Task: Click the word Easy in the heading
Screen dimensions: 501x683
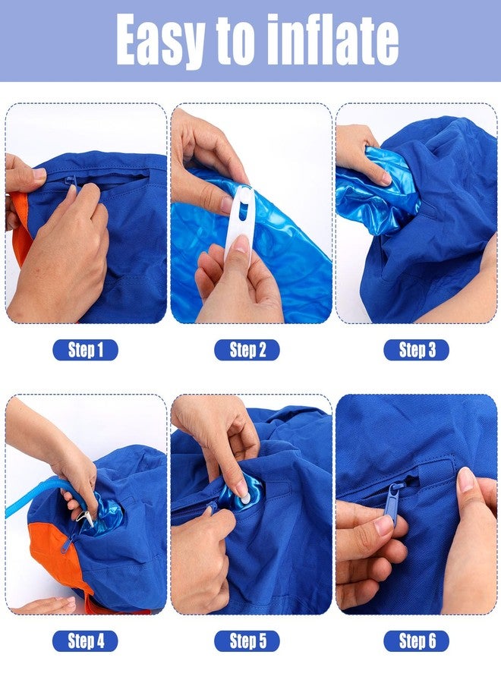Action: pyautogui.click(x=160, y=40)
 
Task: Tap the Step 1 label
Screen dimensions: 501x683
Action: pyautogui.click(x=85, y=350)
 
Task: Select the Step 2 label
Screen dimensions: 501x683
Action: pyautogui.click(x=247, y=350)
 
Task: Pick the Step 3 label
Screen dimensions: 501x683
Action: pyautogui.click(x=417, y=350)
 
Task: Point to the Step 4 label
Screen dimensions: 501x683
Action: pyautogui.click(x=85, y=641)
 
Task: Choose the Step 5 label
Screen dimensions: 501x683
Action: pyautogui.click(x=247, y=641)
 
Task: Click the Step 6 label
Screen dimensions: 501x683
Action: pyautogui.click(x=417, y=641)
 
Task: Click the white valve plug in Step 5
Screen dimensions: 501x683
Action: pyautogui.click(x=244, y=496)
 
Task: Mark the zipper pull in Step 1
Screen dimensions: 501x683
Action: pyautogui.click(x=73, y=184)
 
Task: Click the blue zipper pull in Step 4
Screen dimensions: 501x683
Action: pyautogui.click(x=68, y=543)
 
